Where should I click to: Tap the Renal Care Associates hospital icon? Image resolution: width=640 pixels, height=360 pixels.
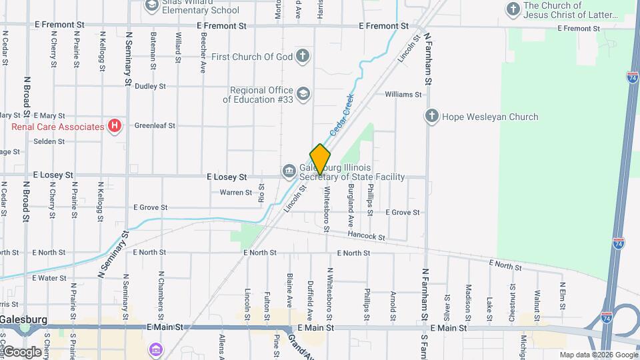coord(115,125)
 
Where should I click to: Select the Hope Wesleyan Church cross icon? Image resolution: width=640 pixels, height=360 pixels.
coord(431,117)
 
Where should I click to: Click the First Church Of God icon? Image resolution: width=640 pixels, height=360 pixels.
coord(303,56)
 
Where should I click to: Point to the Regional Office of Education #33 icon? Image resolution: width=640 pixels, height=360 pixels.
coord(303,93)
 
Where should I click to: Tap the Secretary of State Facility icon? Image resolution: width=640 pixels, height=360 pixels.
coord(289,171)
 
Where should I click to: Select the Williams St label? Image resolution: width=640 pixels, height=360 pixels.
coord(403,95)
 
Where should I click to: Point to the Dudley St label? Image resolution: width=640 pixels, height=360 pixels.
coord(150,86)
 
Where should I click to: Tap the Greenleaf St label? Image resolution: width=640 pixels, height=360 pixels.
coord(155,125)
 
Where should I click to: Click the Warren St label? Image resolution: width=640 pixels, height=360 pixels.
coord(236,193)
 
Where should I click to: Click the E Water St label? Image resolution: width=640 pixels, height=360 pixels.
coord(41,278)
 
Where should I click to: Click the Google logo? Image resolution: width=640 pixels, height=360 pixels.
coord(23,351)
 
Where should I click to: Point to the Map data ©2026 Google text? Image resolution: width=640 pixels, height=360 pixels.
coord(598,355)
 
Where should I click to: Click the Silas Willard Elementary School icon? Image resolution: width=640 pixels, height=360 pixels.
coord(151,5)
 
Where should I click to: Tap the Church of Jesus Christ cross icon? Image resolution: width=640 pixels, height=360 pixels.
coord(513,9)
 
